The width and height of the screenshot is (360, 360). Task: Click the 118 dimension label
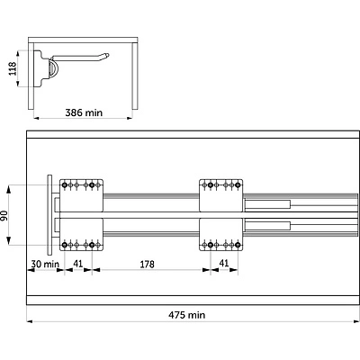pyautogui.click(x=13, y=68)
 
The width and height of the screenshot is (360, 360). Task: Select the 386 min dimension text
pyautogui.click(x=84, y=112)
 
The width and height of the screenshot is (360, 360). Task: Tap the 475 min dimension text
pyautogui.click(x=186, y=315)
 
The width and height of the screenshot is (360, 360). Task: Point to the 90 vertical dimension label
pyautogui.click(x=4, y=216)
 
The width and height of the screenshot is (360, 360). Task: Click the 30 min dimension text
pyautogui.click(x=45, y=264)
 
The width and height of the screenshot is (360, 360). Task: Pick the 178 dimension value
pyautogui.click(x=147, y=265)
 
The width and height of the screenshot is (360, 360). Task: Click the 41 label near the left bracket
pyautogui.click(x=78, y=264)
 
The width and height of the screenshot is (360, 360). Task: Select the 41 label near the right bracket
pyautogui.click(x=224, y=263)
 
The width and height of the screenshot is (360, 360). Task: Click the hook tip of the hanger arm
pyautogui.click(x=107, y=55)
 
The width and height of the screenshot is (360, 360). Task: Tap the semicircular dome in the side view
pyautogui.click(x=54, y=68)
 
